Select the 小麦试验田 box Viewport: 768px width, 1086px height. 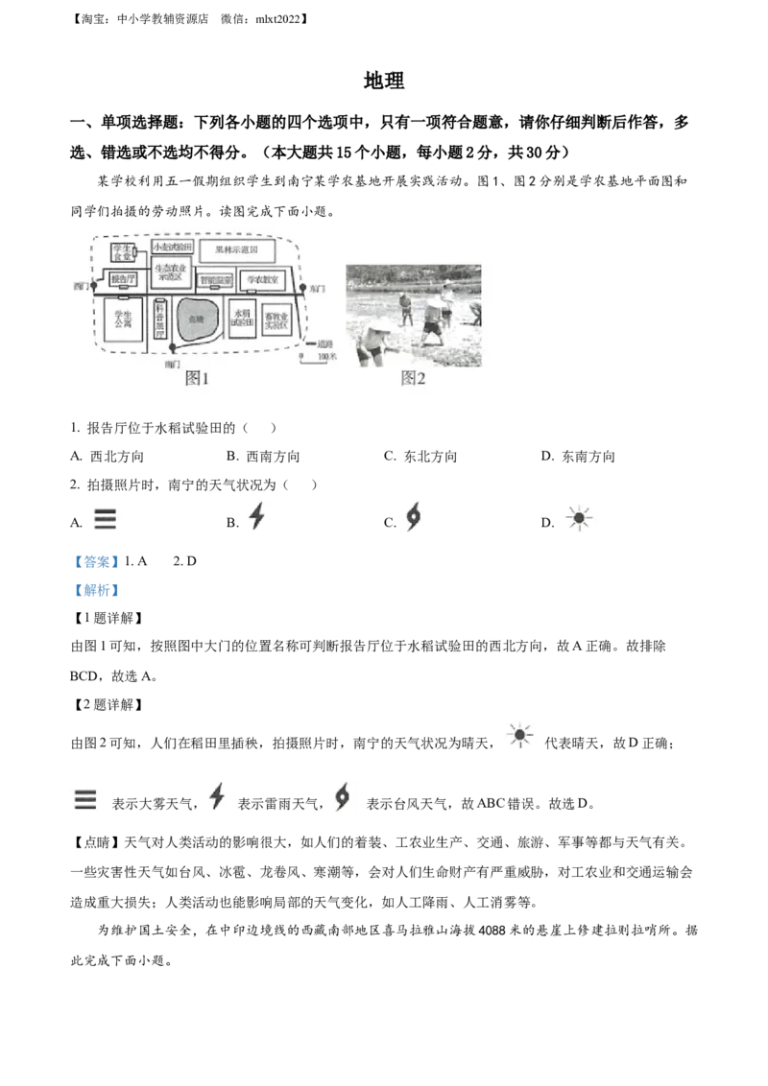pos(173,247)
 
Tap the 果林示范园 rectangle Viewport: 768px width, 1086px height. pos(237,250)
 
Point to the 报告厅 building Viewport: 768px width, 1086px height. pos(123,279)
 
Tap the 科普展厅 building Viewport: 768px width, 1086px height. pos(159,320)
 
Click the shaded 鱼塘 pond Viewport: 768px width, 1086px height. pos(198,319)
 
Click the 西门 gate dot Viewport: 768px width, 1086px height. pos(93,286)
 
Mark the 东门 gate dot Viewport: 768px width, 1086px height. pos(302,286)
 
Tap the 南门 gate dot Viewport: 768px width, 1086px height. pos(173,346)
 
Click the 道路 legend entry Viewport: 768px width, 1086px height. pos(318,342)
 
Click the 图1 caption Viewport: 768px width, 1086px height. pos(197,378)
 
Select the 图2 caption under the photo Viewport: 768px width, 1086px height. pos(413,378)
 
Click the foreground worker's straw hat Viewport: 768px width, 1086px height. pos(376,330)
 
